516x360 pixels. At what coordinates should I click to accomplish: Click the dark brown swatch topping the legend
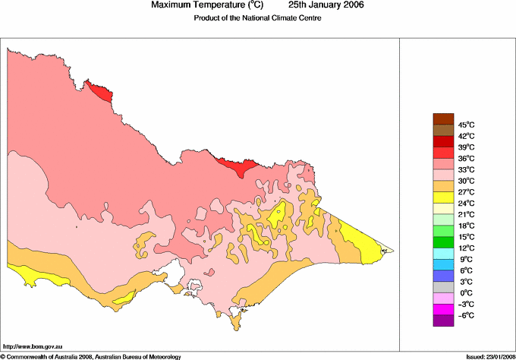click(442, 118)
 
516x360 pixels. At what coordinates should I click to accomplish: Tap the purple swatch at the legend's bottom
click(442, 321)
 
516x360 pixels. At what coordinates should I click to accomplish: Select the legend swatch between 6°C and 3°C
click(442, 276)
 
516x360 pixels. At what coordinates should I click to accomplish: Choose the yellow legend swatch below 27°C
click(442, 197)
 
